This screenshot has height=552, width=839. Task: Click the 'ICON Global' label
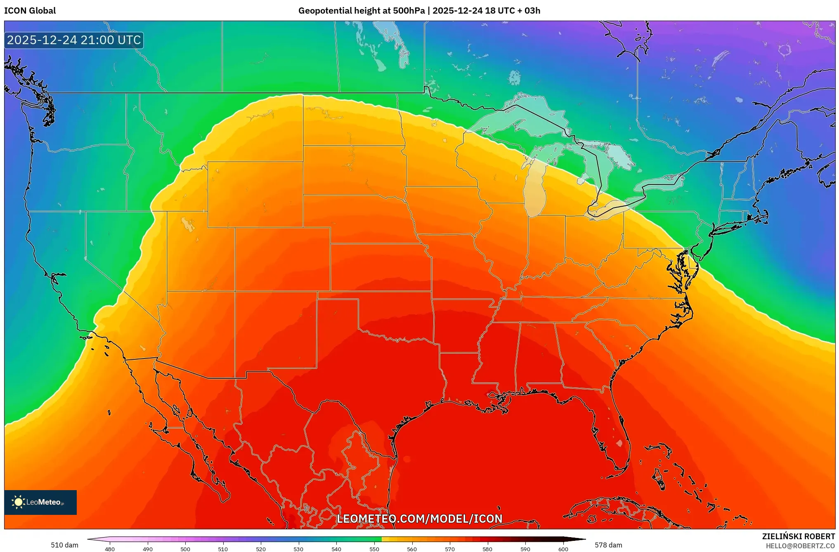(30, 11)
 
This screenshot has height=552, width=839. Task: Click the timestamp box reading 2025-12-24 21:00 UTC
(74, 40)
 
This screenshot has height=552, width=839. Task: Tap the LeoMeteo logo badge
(40, 502)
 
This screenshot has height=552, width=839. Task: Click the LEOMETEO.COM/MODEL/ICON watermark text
(419, 519)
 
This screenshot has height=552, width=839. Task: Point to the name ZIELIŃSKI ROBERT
(798, 537)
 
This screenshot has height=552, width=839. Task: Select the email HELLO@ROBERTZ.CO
(800, 546)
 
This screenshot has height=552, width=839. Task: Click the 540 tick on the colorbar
(336, 549)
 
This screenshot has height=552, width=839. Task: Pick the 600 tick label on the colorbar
(563, 549)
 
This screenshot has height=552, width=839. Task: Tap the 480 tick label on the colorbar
(110, 549)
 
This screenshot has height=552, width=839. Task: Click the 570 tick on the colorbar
(450, 549)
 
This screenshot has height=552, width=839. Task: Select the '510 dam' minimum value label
(64, 545)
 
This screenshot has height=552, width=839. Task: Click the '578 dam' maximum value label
(608, 545)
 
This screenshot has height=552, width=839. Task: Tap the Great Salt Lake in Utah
(188, 224)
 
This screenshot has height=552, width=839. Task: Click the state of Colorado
(283, 259)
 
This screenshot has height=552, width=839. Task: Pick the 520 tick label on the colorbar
(261, 549)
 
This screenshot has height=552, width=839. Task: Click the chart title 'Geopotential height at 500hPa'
(361, 11)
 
